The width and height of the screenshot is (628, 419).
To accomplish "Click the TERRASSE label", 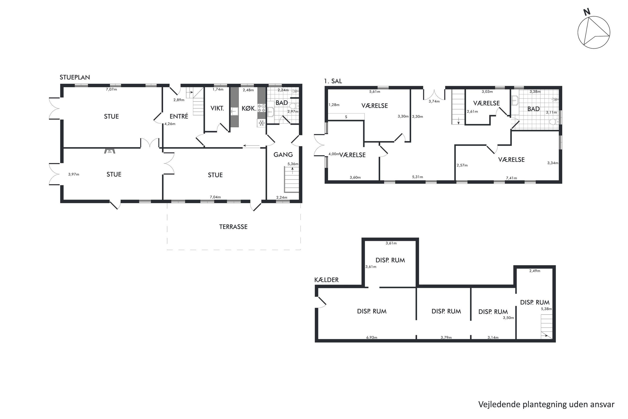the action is pos(233,227).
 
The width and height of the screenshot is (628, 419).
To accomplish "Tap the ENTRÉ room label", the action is pos(179,116).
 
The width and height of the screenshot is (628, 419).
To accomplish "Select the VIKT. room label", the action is pos(217,108).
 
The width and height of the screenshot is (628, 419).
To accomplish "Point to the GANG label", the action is pos(283,154).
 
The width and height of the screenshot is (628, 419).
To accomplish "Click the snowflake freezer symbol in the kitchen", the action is pos(261,123).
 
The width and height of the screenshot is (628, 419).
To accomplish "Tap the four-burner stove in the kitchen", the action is pos(261,108).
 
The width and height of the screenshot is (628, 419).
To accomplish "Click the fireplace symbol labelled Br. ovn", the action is pos(109,151).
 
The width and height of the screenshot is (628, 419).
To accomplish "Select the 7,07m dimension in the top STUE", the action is pos(111,89).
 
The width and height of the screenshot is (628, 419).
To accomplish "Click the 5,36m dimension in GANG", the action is pos(293,164).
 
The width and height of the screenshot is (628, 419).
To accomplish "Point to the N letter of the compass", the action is pos(587,12).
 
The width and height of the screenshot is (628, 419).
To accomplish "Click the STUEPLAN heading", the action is pos(75,77).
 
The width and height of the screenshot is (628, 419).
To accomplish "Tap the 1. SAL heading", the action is pos(333,81).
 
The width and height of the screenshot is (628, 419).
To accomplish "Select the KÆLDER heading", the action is pos(326,280).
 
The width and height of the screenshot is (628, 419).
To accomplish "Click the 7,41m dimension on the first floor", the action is pos(511,178).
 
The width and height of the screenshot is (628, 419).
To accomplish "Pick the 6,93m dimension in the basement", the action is pos(372,337).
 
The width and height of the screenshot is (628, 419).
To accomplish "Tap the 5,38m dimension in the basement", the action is pos(546,309).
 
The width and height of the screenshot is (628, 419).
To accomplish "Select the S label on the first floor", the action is pos(346,117).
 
